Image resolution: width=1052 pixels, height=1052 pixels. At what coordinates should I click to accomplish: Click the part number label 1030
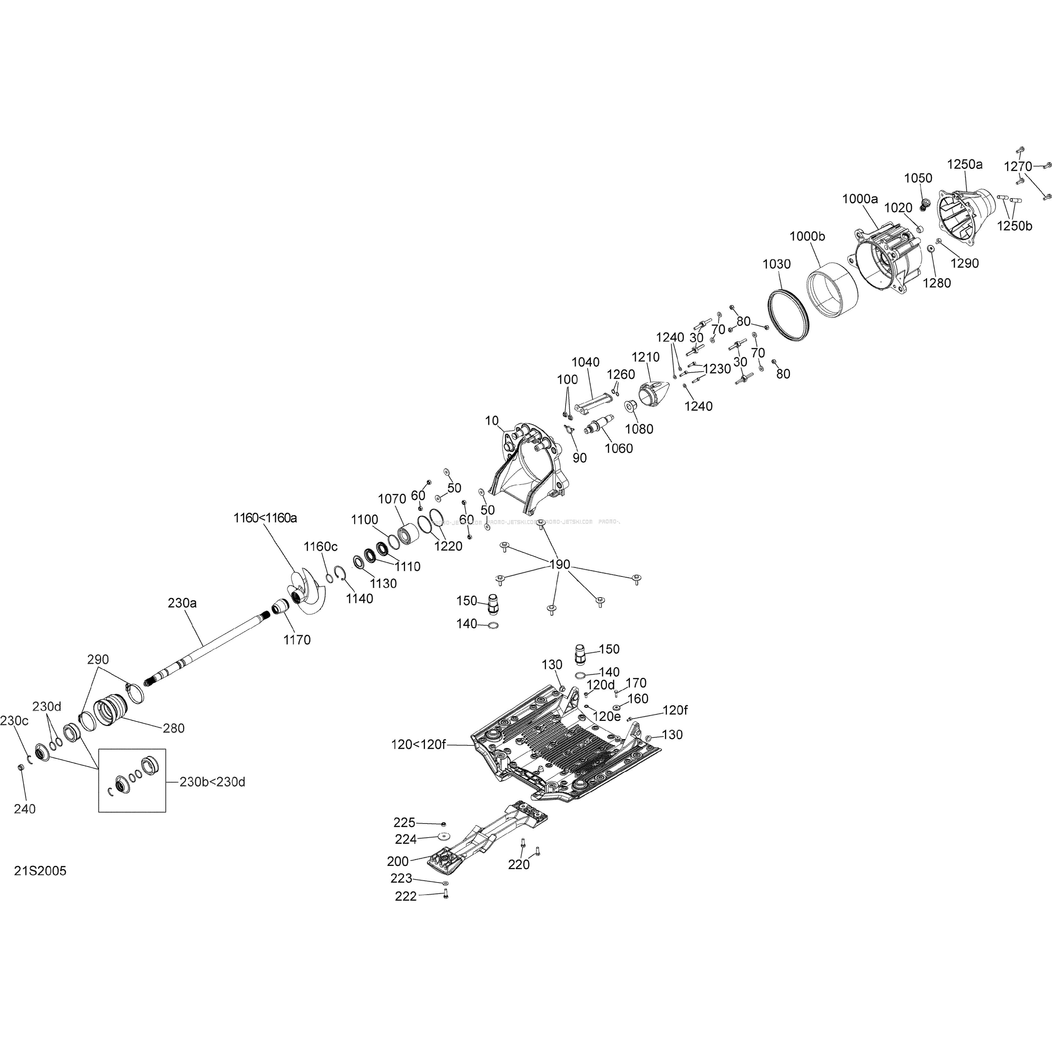click(776, 264)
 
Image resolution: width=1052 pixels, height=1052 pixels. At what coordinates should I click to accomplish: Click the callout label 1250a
click(965, 164)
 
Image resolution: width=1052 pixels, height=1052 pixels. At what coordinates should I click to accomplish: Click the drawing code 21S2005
click(40, 871)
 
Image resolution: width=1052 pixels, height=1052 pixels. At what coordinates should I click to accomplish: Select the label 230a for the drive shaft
click(182, 603)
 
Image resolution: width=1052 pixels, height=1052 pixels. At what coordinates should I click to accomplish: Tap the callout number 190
click(560, 564)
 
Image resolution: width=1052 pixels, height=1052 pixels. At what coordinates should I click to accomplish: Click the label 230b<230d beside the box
click(212, 782)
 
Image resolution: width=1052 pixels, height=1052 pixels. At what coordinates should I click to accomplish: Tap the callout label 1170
click(297, 640)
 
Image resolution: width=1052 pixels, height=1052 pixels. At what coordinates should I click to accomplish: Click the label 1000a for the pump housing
click(860, 199)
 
